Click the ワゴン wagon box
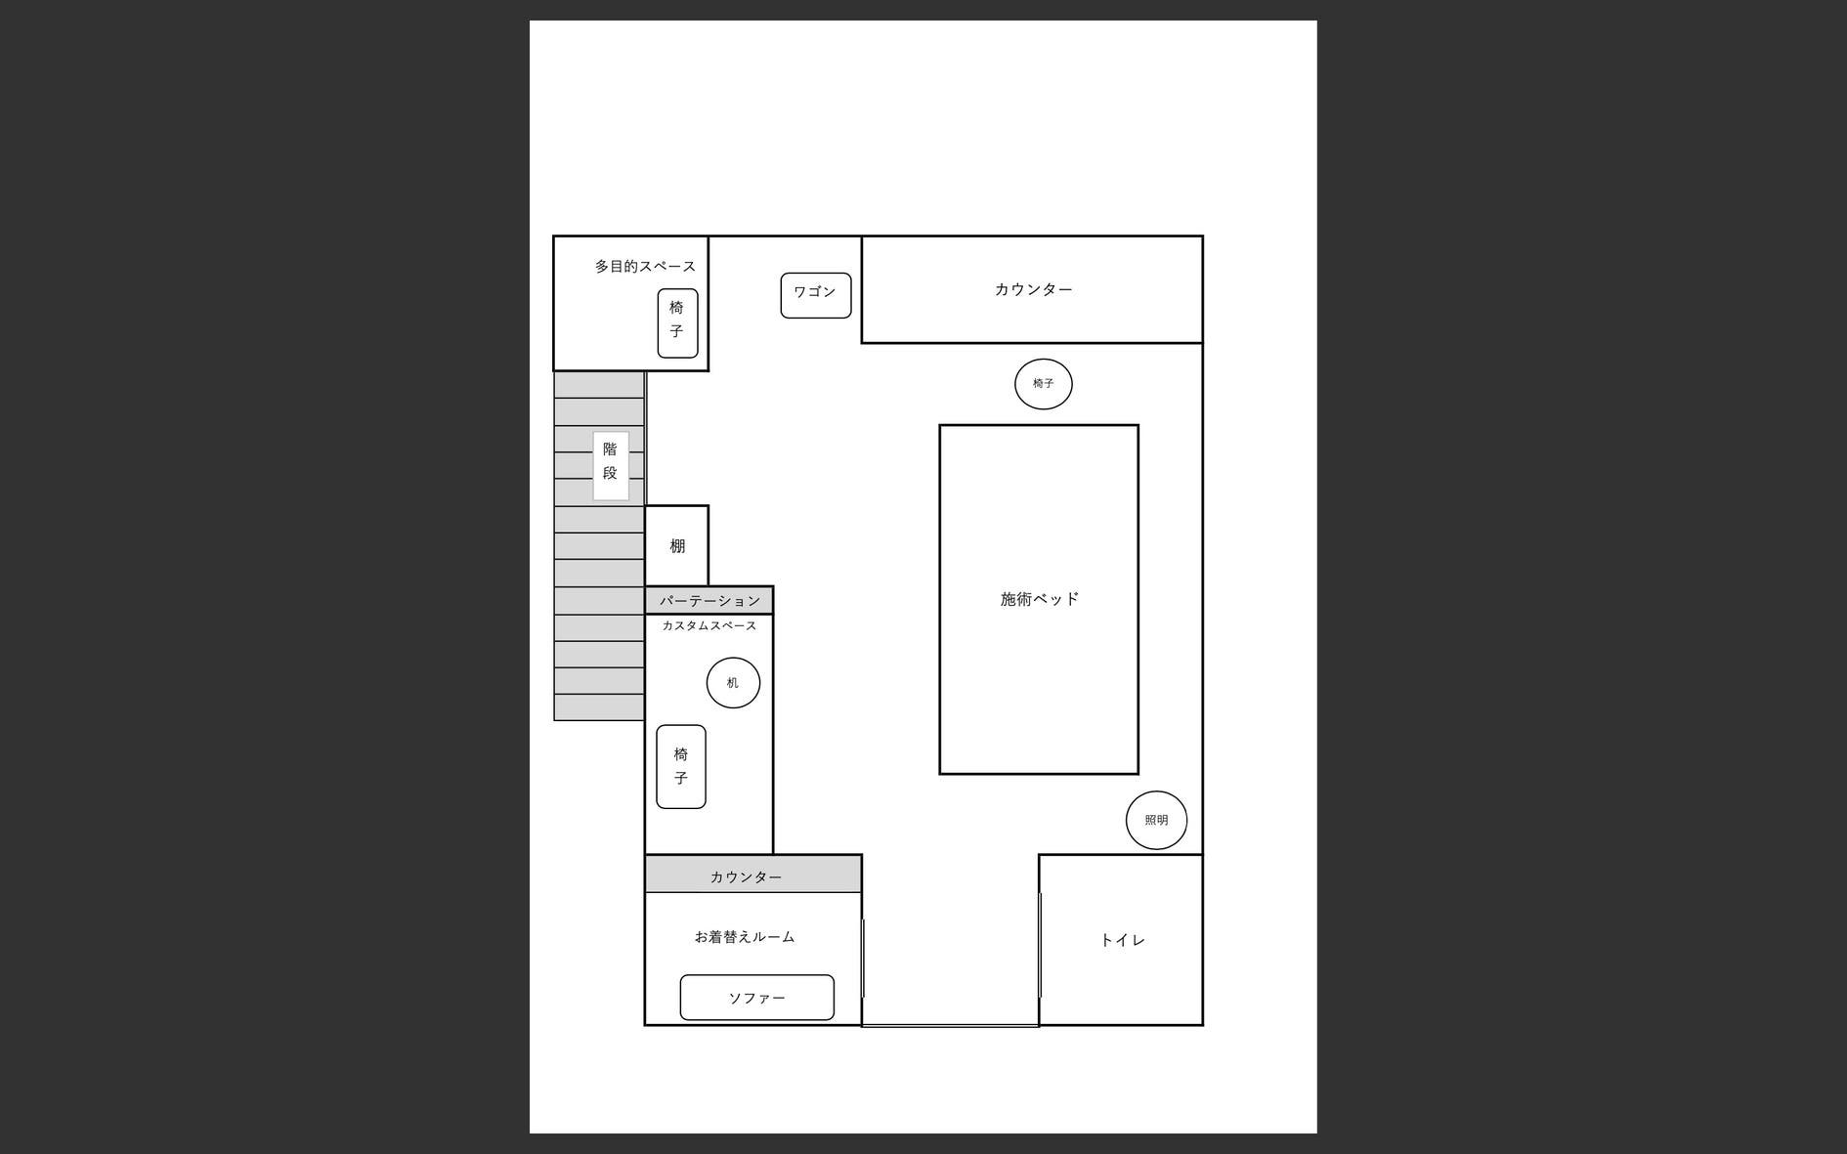[815, 294]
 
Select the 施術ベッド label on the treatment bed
[1039, 599]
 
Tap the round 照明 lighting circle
[1156, 820]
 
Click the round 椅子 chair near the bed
[1043, 383]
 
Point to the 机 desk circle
[733, 682]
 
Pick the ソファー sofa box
[756, 998]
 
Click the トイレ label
[1122, 940]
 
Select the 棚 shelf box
[676, 545]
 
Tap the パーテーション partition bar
[709, 600]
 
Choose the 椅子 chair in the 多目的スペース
[676, 322]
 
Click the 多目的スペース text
[645, 266]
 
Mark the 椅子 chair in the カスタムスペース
[680, 766]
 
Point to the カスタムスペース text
[709, 625]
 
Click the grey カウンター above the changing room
[747, 876]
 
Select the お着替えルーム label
[745, 936]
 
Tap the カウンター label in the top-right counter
[1033, 289]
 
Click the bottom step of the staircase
[598, 707]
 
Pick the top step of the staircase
[598, 385]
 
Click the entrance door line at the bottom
[949, 1025]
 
